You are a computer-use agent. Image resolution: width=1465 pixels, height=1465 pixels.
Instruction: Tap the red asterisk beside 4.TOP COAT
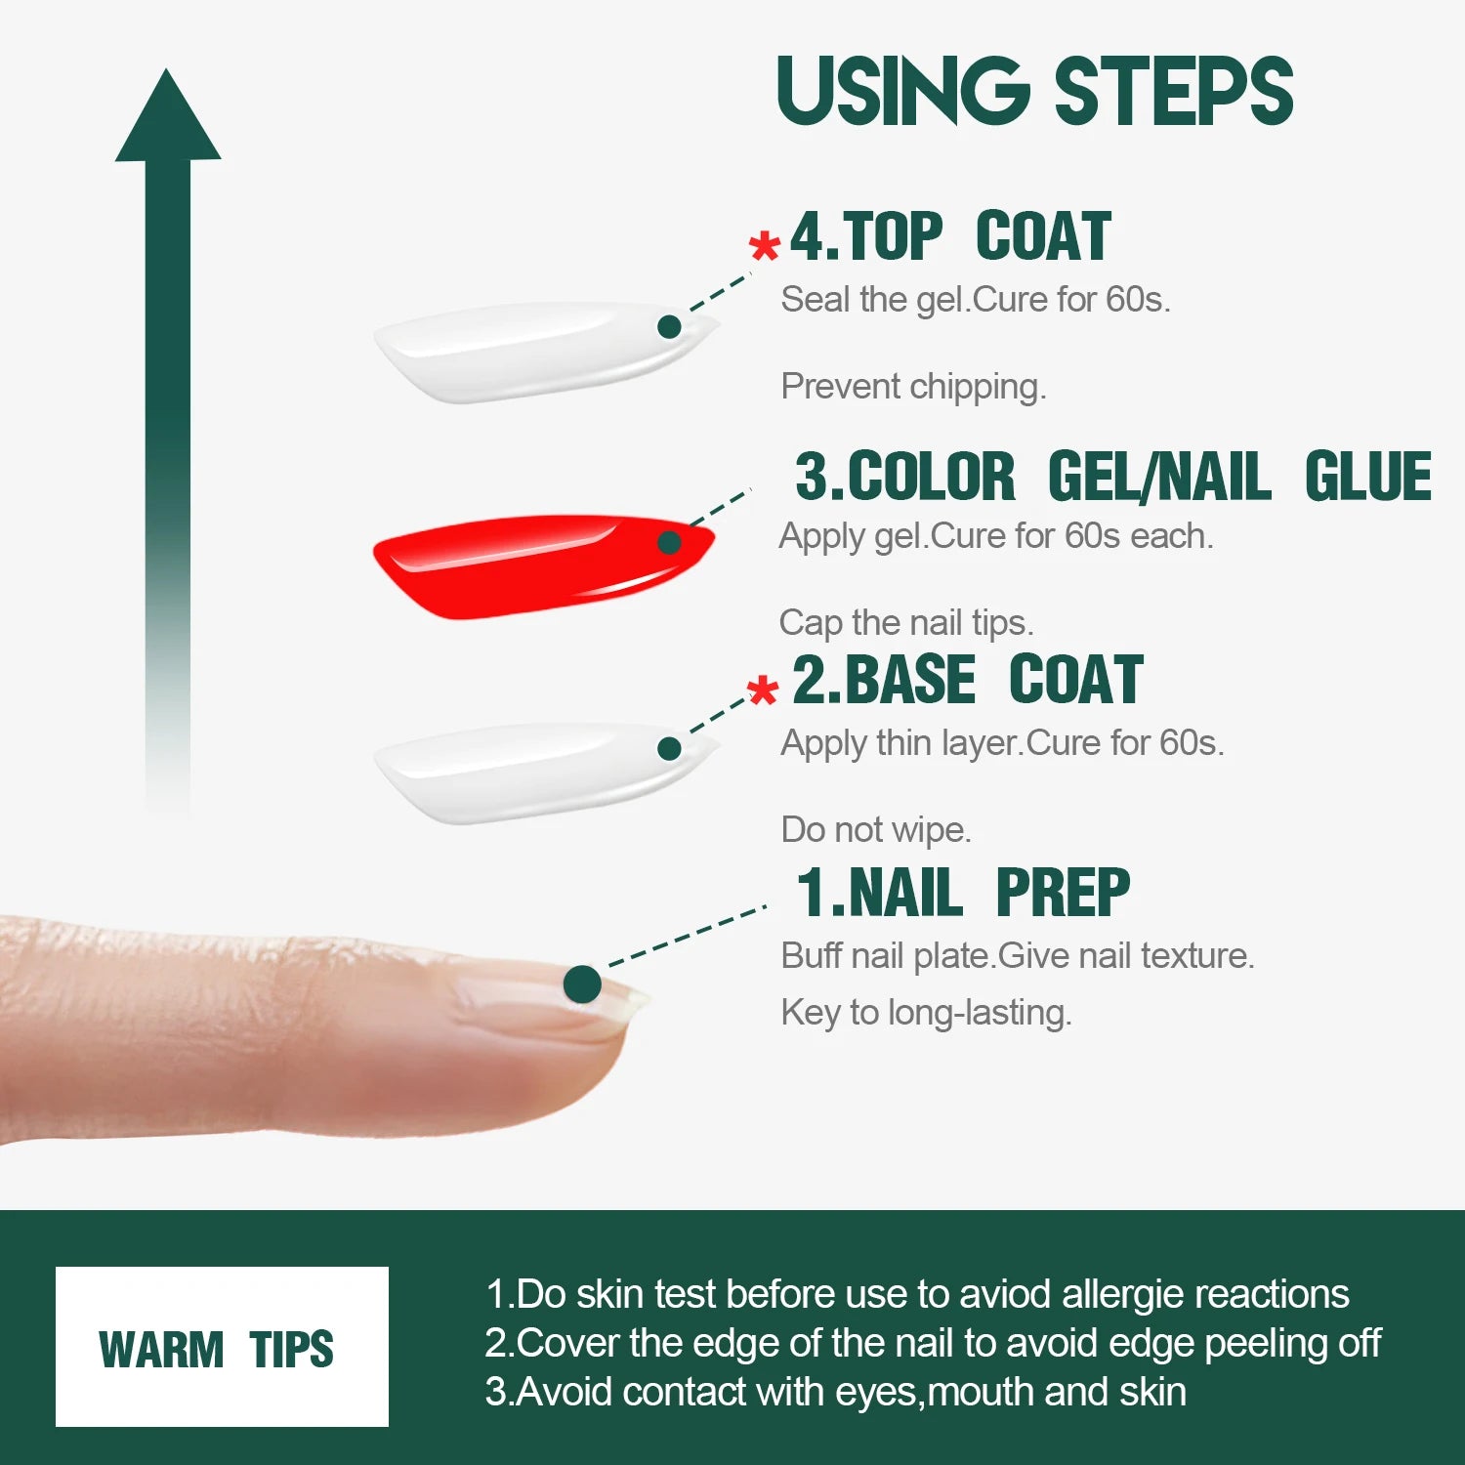pos(765,246)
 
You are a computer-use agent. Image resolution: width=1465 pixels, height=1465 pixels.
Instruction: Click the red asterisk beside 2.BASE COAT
pos(763,690)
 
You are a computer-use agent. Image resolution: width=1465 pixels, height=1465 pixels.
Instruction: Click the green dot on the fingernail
pos(582,984)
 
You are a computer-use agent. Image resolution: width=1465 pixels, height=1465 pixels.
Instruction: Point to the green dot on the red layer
pos(669,542)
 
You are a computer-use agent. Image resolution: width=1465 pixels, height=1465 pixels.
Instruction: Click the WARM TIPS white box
pos(222,1347)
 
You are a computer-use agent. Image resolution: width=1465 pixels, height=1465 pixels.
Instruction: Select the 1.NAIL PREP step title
pos(963,893)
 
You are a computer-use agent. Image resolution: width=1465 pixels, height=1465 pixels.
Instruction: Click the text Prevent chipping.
pos(913,387)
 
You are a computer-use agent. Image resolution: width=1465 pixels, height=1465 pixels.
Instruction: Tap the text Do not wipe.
pos(875,830)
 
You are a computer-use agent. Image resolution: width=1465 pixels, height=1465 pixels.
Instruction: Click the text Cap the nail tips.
pos(905,622)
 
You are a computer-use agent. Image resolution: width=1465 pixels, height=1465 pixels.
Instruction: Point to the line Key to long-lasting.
pos(926,1013)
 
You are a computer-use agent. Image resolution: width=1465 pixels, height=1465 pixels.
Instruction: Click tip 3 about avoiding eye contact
pos(836,1392)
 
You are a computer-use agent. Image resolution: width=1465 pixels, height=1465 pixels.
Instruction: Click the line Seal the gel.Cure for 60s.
pos(975,300)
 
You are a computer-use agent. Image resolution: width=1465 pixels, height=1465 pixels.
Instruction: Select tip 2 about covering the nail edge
pos(933,1343)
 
